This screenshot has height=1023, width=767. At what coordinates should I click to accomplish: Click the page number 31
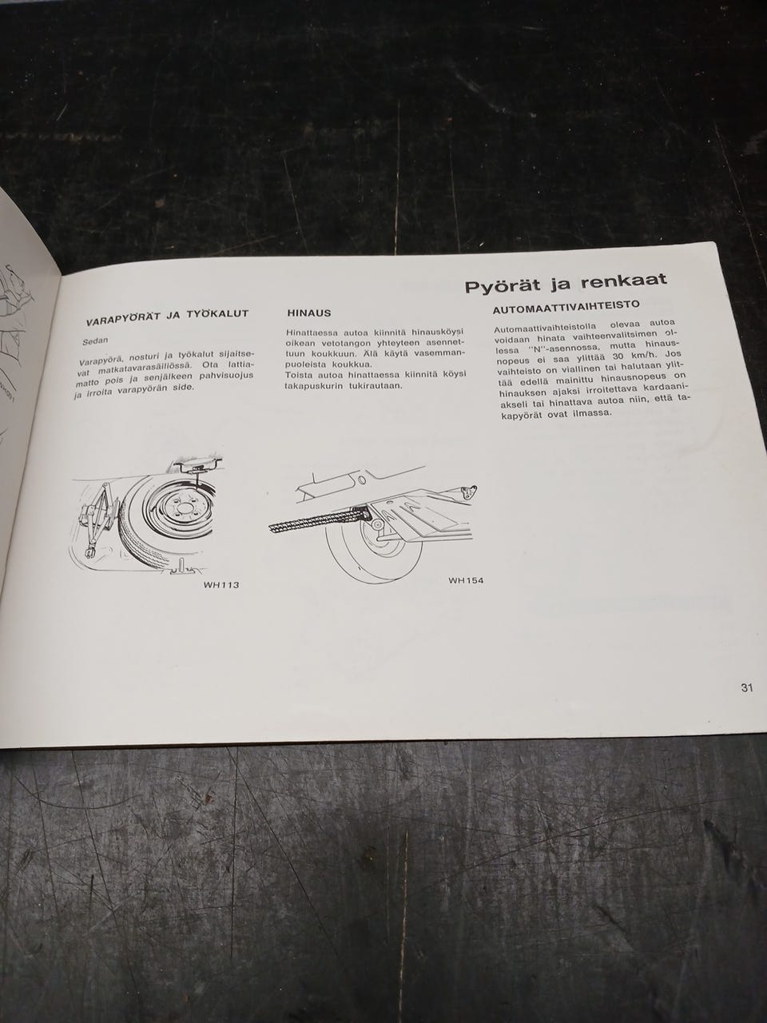point(746,688)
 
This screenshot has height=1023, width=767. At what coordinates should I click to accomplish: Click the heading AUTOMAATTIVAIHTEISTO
point(566,308)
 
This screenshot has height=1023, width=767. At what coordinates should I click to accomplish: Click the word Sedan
point(95,341)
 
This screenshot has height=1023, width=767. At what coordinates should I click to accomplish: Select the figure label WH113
point(221,585)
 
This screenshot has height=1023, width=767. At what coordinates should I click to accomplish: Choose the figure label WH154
point(466,581)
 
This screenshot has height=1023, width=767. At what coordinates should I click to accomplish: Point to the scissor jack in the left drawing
point(97,517)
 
